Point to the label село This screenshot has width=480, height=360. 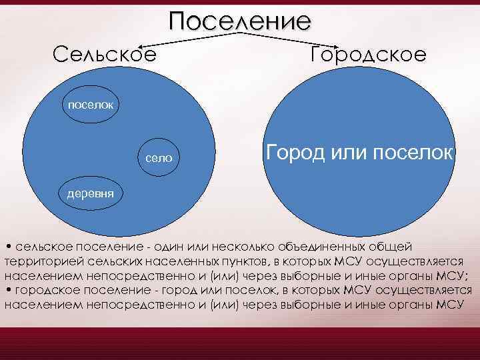pos(159,158)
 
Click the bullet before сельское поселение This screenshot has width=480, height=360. pos(7,247)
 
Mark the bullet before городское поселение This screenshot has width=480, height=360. pos(7,290)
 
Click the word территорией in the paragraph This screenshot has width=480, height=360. pos(40,262)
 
